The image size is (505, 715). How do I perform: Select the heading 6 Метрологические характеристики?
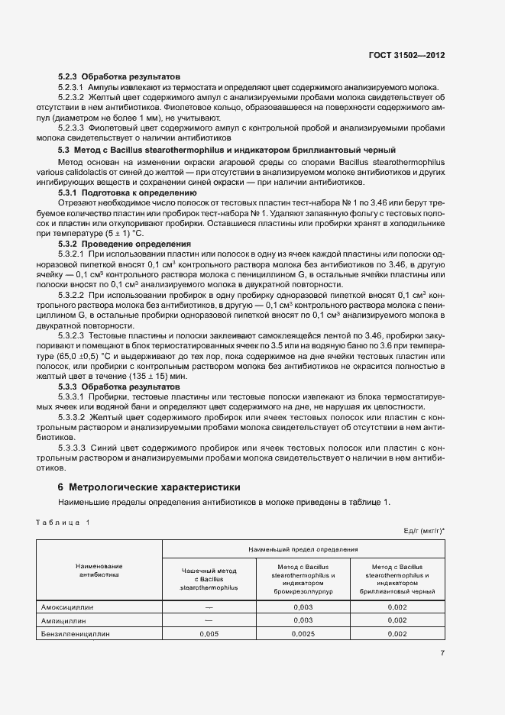point(149,487)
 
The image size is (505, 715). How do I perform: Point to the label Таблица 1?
point(63,522)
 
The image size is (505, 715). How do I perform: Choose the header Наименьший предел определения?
point(303,549)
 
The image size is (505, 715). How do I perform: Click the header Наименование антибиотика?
point(99,570)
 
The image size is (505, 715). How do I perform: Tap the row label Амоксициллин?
point(71,607)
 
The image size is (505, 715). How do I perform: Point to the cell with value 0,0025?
point(303,634)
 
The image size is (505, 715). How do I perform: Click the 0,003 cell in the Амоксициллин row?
point(303,607)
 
